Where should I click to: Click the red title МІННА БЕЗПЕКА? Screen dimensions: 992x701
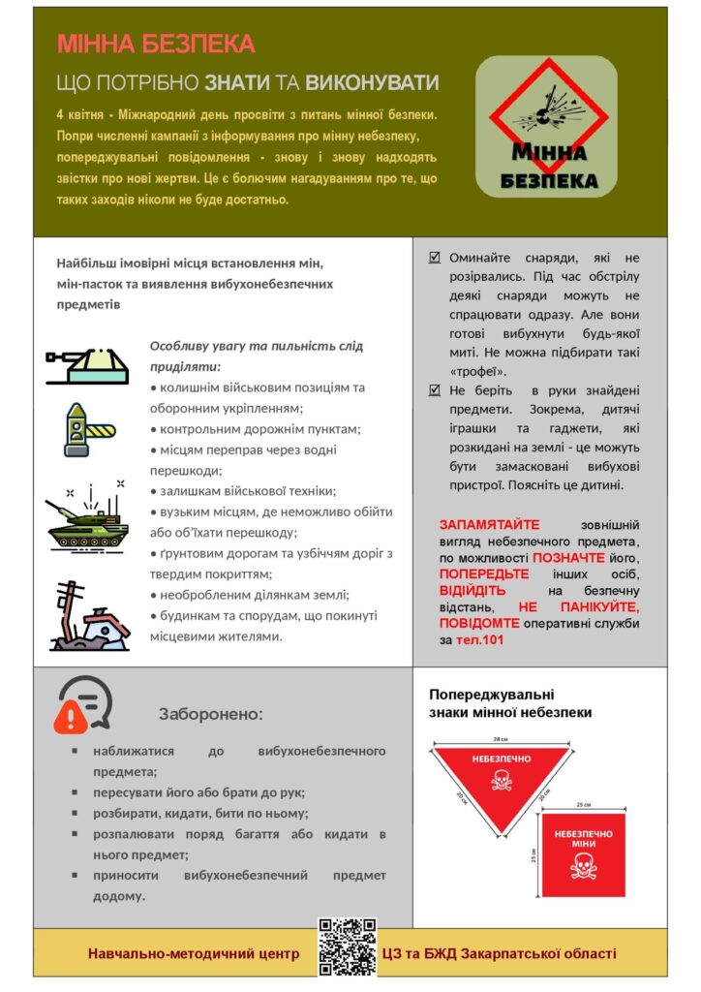(156, 44)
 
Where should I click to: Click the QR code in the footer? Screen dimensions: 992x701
(347, 946)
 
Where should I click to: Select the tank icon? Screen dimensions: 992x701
(87, 517)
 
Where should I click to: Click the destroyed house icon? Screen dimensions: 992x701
(89, 617)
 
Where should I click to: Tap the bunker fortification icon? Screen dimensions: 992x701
(87, 362)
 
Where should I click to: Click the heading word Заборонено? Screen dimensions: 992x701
(210, 714)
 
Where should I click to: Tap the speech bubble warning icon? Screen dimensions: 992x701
(83, 704)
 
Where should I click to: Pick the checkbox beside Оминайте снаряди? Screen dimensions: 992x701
(434, 258)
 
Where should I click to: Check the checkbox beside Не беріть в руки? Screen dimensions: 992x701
(434, 390)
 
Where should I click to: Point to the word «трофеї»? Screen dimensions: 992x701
(478, 371)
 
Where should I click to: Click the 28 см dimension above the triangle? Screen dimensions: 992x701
(500, 738)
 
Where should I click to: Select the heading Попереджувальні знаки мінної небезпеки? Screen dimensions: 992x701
(510, 703)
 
